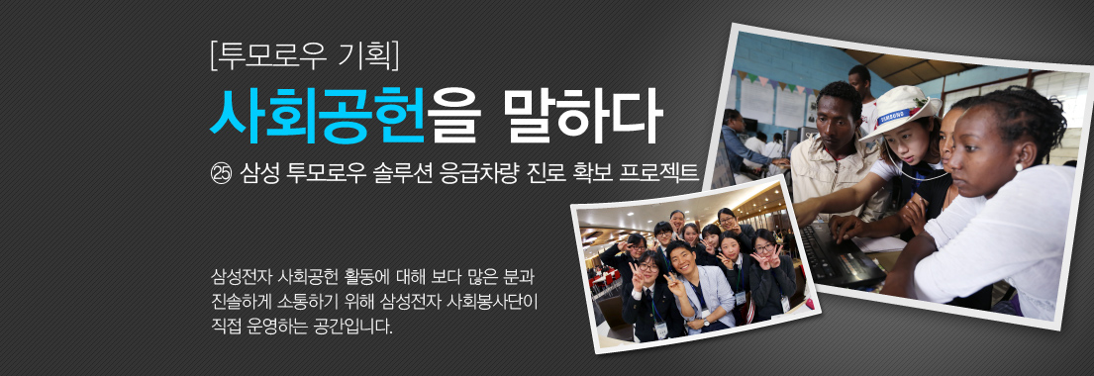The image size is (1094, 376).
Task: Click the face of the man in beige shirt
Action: [841, 115]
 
